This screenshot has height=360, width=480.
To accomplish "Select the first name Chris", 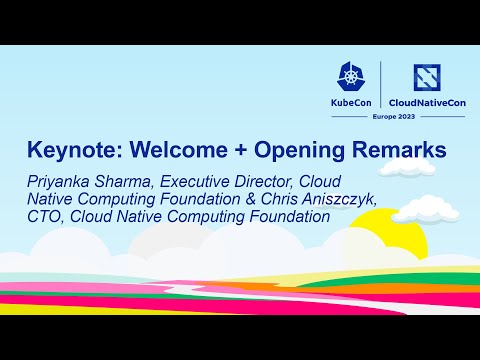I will pyautogui.click(x=275, y=198).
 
